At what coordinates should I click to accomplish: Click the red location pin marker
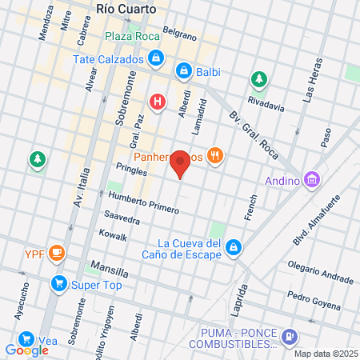click(181, 163)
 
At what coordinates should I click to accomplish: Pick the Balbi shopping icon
click(184, 71)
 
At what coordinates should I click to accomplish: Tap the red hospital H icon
click(158, 102)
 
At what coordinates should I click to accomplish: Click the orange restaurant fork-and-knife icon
click(214, 157)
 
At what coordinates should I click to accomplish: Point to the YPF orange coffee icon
click(56, 254)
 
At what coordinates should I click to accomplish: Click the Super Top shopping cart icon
click(58, 283)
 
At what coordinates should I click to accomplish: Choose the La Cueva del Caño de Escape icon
click(234, 247)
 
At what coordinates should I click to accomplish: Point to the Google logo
click(26, 350)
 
